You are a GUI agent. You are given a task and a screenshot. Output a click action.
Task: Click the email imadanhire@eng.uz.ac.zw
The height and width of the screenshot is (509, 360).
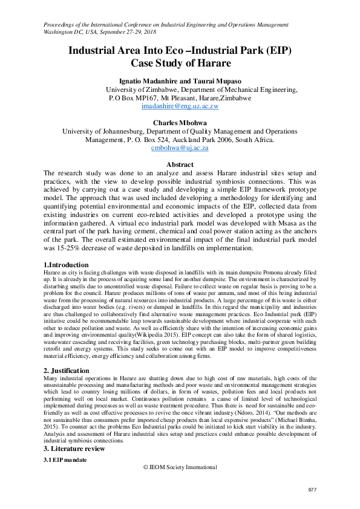(180, 106)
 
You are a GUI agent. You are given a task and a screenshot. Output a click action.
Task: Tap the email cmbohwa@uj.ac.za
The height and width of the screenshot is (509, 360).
(180, 148)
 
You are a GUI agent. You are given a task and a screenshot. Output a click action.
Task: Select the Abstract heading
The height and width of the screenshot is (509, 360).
(180, 164)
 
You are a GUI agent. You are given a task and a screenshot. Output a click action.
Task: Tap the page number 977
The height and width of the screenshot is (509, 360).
(313, 489)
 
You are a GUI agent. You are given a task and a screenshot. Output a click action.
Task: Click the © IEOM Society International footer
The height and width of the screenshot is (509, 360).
(180, 467)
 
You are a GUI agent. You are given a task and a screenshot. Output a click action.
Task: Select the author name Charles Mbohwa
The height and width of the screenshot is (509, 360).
(180, 122)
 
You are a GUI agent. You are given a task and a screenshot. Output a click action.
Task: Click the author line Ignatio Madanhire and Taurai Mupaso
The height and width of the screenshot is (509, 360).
(180, 81)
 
